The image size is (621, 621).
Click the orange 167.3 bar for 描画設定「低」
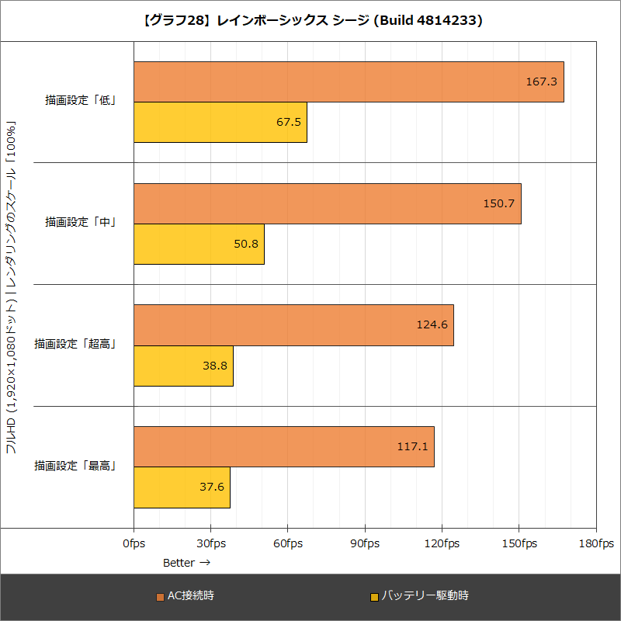point(349,82)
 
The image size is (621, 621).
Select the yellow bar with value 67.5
point(220,123)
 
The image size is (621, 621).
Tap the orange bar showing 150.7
point(327,203)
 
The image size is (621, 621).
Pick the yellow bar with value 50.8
point(199,245)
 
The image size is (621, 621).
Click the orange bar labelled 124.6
point(293,325)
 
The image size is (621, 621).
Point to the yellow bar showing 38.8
point(183,366)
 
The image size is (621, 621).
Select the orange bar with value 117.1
point(283,446)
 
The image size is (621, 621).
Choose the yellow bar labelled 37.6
point(182,487)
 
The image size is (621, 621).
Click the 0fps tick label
point(134,543)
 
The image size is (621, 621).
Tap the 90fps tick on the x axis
point(365,543)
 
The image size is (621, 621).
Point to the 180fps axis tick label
point(596,543)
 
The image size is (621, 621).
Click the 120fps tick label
point(442,543)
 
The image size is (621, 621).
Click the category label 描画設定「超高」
point(75,344)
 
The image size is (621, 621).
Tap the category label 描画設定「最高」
point(75,466)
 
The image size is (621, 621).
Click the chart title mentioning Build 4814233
point(310,21)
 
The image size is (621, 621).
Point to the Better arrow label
point(186,562)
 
